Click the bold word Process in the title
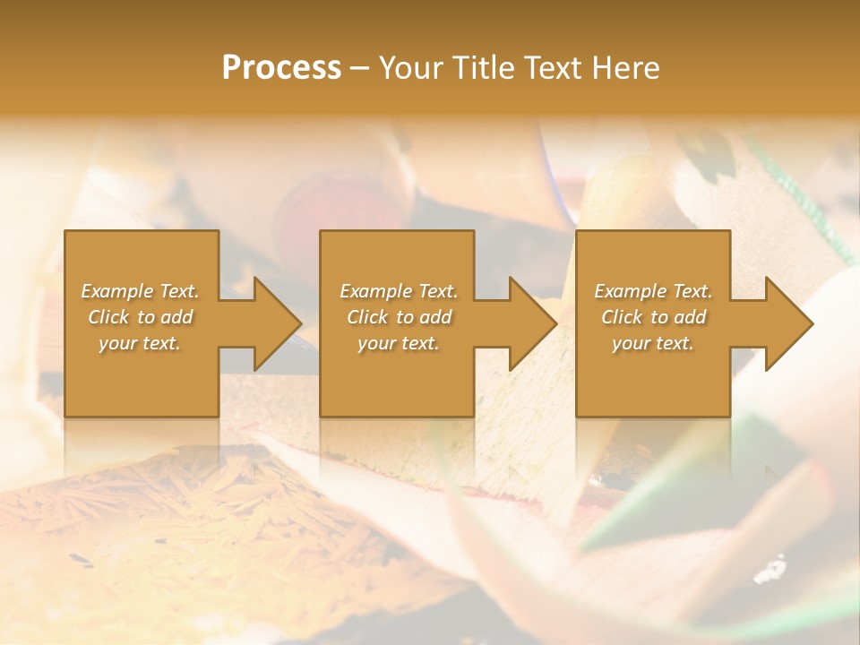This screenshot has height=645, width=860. coord(281,68)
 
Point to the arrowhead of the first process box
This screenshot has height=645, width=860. coord(277,323)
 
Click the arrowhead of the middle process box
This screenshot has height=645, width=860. coord(532,323)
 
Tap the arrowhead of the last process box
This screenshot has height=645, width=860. coord(788,323)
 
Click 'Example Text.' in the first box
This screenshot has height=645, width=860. coord(140,291)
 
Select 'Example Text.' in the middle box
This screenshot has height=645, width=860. coord(399,291)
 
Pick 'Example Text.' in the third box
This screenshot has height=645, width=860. coord(653,291)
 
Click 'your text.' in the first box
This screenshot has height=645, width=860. coord(140,343)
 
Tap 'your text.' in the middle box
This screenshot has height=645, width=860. coord(399,343)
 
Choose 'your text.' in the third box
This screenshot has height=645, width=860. coord(653,343)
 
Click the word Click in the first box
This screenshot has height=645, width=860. coord(109,317)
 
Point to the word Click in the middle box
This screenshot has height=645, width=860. coord(368,317)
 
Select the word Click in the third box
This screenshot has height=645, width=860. coord(623,317)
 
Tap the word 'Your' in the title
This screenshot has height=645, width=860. coord(408,68)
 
